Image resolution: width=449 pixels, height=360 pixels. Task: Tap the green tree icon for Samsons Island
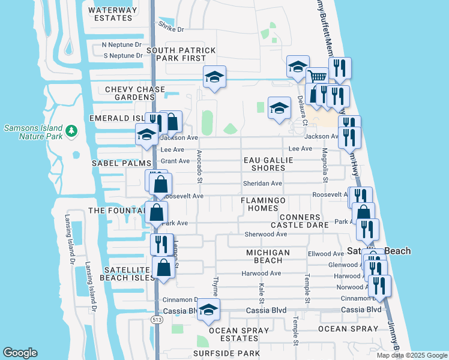[x=71, y=130]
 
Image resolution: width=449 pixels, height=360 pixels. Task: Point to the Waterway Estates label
[x=110, y=14]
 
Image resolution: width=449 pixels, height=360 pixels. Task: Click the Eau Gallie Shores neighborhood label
[x=268, y=164]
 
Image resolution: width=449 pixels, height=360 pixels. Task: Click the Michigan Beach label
[x=268, y=256]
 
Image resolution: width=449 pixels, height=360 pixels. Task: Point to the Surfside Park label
[x=226, y=353]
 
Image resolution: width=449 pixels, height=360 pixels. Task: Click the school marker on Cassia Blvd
[x=208, y=310]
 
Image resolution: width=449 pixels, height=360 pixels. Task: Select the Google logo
[x=20, y=353]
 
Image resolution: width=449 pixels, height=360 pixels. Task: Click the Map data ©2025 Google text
[x=411, y=355]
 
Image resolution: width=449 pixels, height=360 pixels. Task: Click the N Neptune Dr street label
[x=122, y=44]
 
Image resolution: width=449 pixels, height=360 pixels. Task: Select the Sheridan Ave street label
[x=262, y=184]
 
